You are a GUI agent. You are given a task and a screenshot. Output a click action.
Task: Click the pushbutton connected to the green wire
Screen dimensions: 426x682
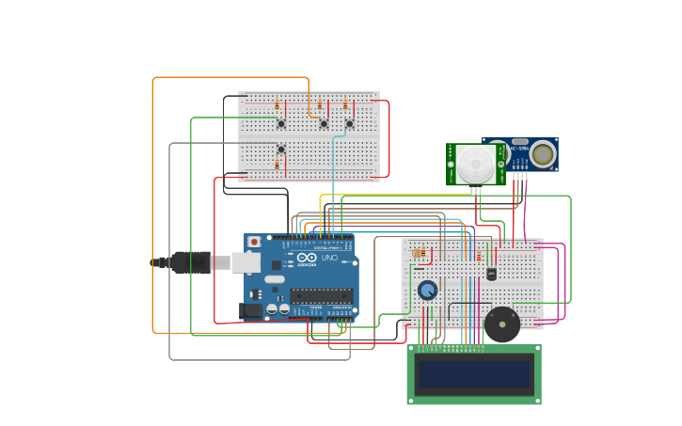[x=280, y=123]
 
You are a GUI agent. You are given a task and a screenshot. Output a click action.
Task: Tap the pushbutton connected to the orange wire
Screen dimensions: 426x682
[x=324, y=123]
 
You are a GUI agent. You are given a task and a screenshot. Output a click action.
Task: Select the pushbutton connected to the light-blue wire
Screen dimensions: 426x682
[x=349, y=123]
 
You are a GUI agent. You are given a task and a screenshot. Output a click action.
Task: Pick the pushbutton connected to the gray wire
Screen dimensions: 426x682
[x=280, y=149]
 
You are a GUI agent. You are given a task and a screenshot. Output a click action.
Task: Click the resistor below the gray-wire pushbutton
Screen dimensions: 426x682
[x=277, y=164]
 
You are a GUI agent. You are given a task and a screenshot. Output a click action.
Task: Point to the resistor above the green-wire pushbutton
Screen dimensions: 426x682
[x=277, y=104]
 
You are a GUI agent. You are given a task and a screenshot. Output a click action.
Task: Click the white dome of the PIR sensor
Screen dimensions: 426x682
[x=476, y=165]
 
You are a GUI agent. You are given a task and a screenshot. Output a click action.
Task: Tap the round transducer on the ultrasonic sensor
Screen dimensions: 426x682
[x=542, y=154]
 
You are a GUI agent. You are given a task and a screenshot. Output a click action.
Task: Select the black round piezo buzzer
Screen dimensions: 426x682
[x=501, y=324]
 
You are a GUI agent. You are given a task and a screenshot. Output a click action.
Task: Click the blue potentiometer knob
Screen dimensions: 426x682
[x=428, y=290]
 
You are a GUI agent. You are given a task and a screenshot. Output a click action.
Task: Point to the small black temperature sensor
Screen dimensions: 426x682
[x=491, y=274]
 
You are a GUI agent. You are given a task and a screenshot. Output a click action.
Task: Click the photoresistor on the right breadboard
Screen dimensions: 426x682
[x=419, y=252]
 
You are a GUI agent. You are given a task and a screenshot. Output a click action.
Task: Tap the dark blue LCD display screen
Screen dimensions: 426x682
[x=474, y=374]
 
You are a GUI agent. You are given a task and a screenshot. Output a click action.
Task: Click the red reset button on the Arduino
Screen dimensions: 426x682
[x=254, y=242]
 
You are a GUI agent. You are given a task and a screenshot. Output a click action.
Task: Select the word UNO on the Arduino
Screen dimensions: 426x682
[x=329, y=258]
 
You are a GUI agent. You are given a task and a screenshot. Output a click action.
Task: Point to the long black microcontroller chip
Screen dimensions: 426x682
[x=322, y=295]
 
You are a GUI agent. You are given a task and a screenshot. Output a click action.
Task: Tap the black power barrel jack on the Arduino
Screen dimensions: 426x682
[x=251, y=310]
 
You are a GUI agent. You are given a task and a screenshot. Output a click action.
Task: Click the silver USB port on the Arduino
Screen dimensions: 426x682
[x=247, y=262]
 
